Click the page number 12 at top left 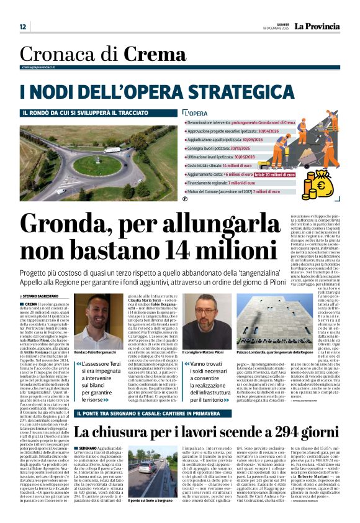[23, 27]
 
